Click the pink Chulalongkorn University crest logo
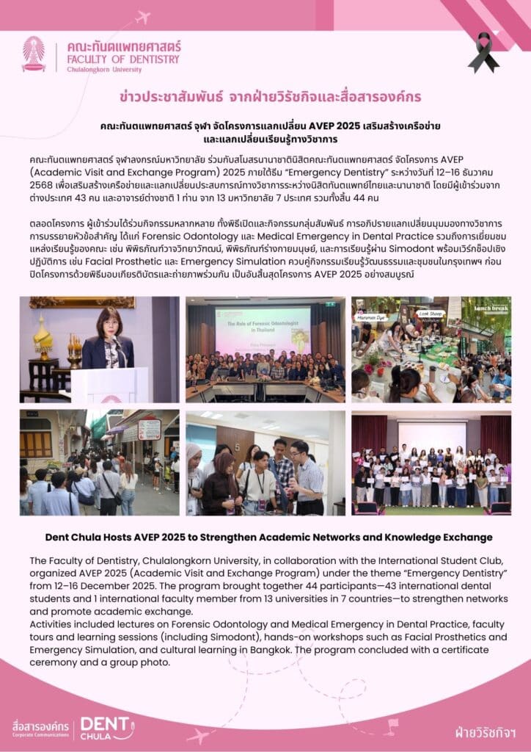coord(33,53)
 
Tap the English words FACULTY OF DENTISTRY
coord(122,59)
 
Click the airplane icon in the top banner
coord(142,17)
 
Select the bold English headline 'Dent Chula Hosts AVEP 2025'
coord(265,538)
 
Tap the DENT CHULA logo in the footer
coord(106,726)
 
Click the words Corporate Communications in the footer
coord(41,734)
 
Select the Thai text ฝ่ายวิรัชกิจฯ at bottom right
coord(484,732)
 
